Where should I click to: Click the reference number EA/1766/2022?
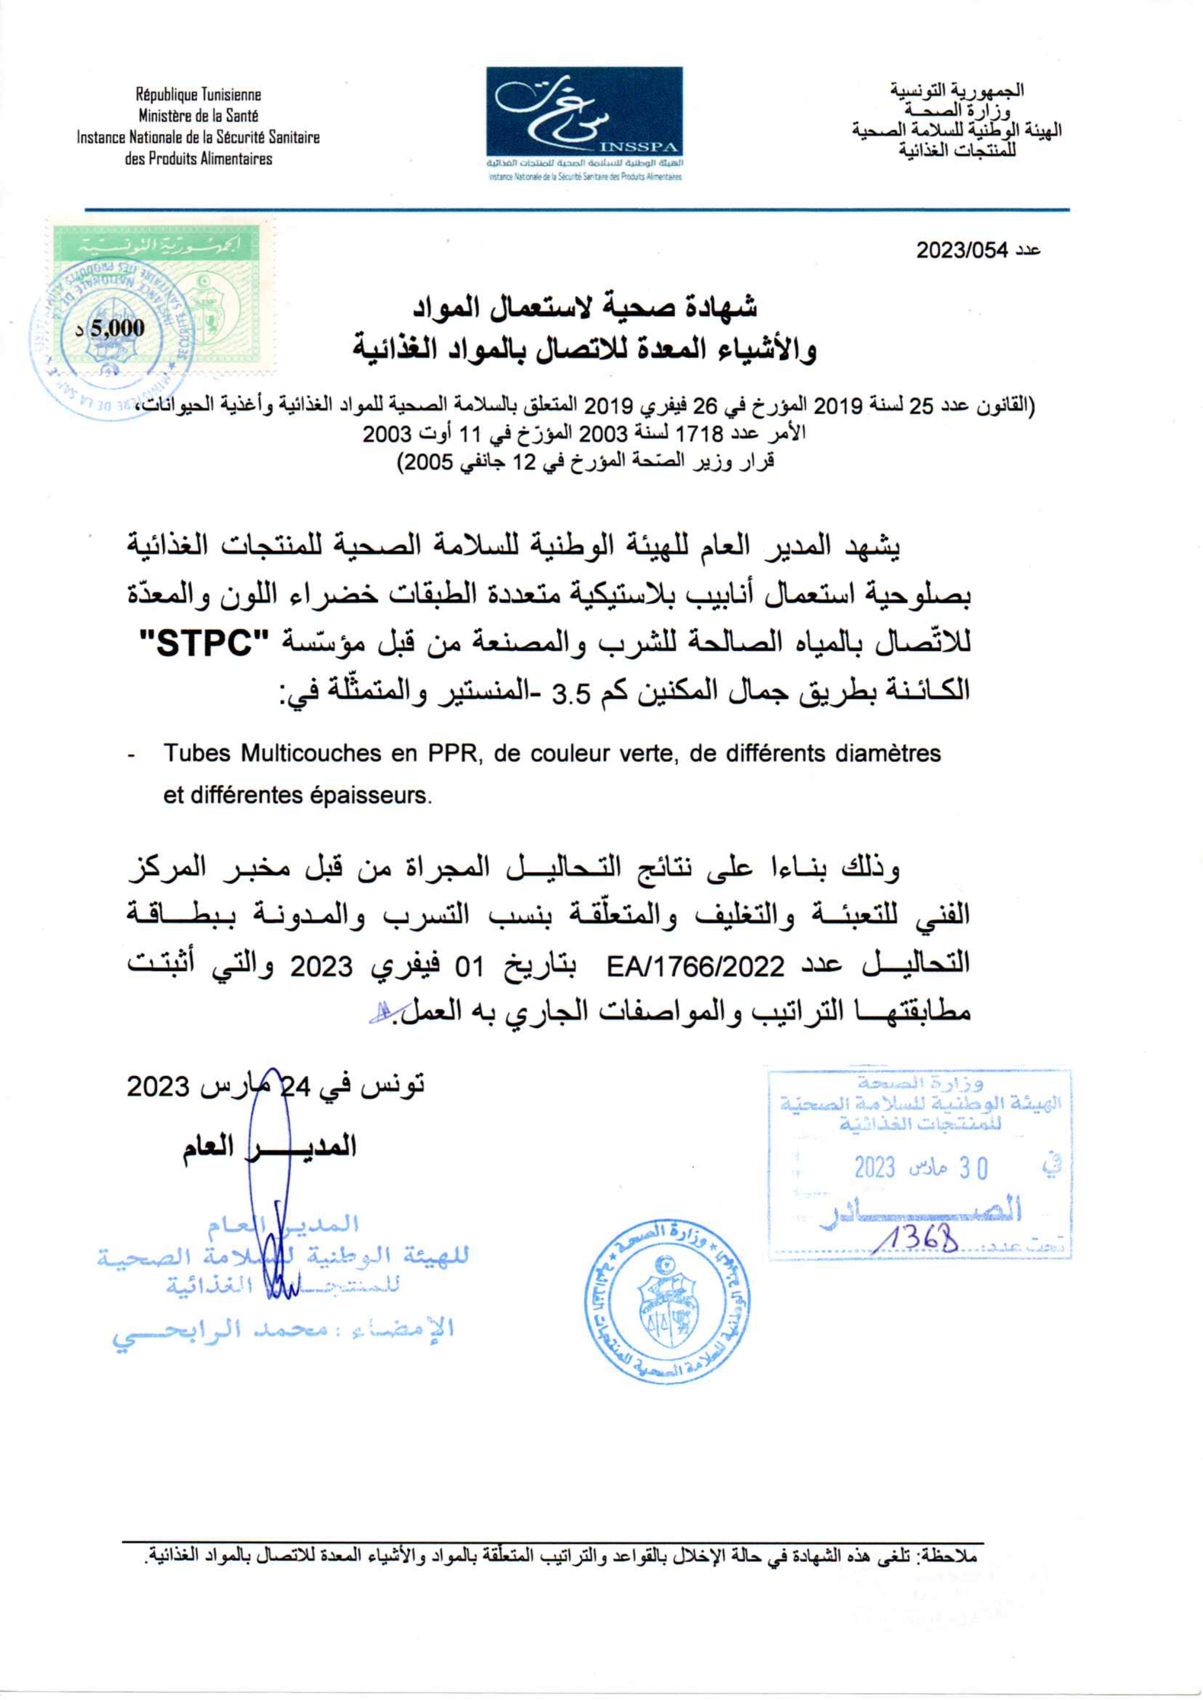click(694, 966)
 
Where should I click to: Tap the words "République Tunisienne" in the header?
click(198, 95)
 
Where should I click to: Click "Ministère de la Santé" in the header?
click(198, 115)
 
